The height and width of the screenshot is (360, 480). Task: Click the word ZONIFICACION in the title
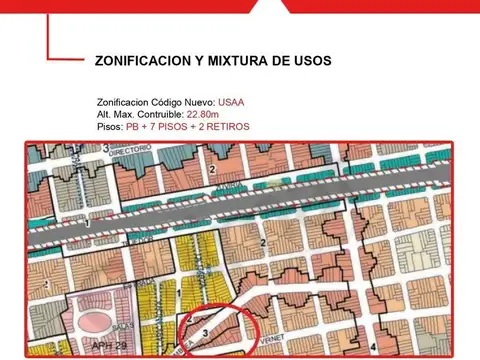(141, 61)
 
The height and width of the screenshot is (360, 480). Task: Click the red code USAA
(231, 102)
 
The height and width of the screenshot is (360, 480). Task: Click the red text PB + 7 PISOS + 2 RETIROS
(188, 127)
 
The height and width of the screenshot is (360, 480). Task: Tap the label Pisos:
(110, 127)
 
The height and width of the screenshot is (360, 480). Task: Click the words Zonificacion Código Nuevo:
(156, 102)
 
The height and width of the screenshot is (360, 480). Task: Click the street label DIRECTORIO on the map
(131, 150)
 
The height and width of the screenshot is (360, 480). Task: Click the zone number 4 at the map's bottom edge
(372, 346)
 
